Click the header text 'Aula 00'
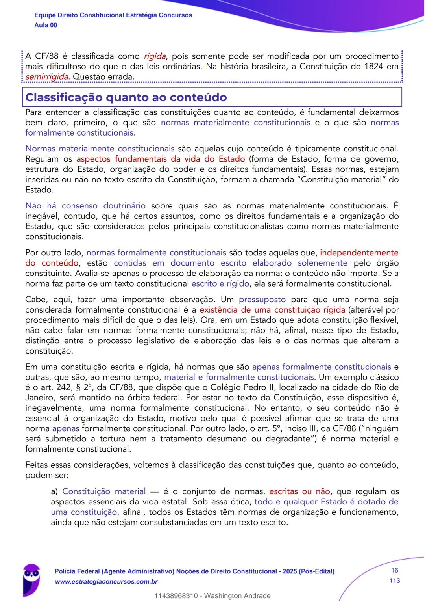[x=46, y=25]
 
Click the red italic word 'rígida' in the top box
[x=155, y=56]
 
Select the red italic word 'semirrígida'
[x=47, y=77]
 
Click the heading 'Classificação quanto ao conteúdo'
[x=126, y=97]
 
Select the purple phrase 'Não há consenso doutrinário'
[x=85, y=206]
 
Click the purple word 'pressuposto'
[x=262, y=300]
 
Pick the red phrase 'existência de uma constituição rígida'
[x=272, y=310]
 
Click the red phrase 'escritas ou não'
[x=299, y=492]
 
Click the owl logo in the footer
[x=31, y=577]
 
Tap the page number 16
[x=394, y=571]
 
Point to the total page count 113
[x=394, y=581]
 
